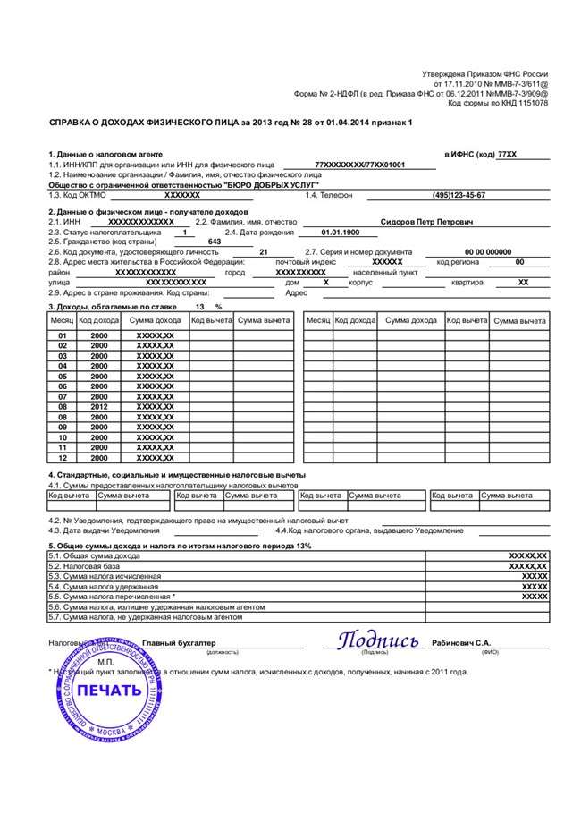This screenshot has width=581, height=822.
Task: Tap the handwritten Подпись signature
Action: point(377,641)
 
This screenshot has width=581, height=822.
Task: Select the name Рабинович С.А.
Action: point(461,642)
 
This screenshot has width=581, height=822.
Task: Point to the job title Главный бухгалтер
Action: point(179,643)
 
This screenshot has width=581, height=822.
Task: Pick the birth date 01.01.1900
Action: point(338,232)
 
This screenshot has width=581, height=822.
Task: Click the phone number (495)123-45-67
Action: point(459,194)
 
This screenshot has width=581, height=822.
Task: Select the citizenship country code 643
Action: point(215,242)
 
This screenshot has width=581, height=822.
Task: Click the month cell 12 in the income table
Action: point(63,457)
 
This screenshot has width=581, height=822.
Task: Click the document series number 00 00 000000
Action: point(488,252)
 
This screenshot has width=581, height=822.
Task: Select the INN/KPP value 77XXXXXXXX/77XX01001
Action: point(360,165)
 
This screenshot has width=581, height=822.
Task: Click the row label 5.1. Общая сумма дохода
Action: point(96,555)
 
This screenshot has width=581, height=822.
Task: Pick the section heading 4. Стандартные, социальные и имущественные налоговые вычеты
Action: point(177,474)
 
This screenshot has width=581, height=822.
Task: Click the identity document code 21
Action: point(263,252)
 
